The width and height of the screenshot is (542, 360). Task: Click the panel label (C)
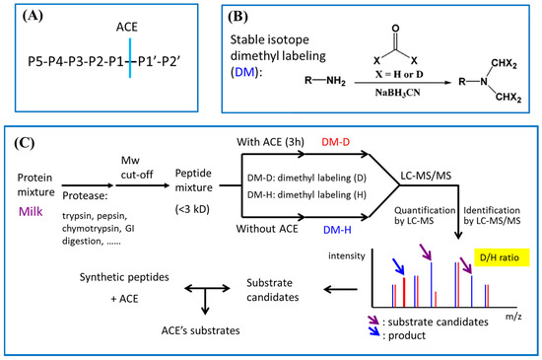coord(29,144)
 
